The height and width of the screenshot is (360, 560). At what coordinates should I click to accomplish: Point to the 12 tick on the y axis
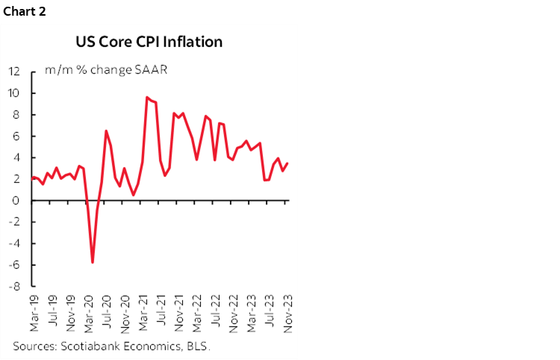click(x=14, y=72)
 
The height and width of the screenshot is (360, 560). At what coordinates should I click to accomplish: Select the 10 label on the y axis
click(x=14, y=93)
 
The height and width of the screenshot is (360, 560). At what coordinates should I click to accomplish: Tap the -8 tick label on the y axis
click(x=14, y=286)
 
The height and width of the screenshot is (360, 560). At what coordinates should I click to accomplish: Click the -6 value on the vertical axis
click(x=14, y=265)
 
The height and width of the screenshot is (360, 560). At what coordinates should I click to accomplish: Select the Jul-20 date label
click(x=108, y=312)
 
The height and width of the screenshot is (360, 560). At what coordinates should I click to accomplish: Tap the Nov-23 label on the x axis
click(x=287, y=312)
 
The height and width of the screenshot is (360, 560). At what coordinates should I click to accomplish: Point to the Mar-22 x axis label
click(x=197, y=312)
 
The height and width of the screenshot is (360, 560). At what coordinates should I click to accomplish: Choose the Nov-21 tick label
click(x=179, y=312)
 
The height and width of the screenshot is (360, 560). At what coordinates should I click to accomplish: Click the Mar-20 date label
click(x=89, y=312)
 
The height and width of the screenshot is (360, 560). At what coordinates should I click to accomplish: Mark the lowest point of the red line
click(x=93, y=262)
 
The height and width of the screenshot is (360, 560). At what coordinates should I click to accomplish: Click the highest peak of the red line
click(x=147, y=97)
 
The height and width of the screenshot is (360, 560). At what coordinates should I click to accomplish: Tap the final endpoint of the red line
click(x=287, y=164)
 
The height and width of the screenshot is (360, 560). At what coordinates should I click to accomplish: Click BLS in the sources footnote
click(x=198, y=346)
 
